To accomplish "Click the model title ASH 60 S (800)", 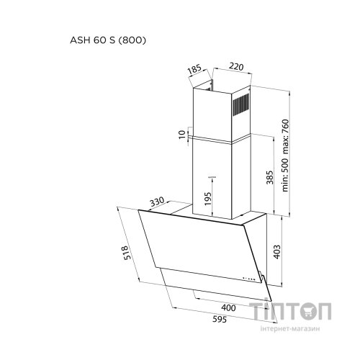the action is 108,40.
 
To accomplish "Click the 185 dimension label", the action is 194,69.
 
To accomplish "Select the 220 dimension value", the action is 236,67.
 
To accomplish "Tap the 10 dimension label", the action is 182,135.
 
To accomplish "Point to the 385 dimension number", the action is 270,177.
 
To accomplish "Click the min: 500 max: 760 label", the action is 285,156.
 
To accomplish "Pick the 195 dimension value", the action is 208,199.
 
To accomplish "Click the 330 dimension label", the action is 158,202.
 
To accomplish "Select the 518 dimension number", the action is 127,253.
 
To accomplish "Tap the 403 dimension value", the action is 276,252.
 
